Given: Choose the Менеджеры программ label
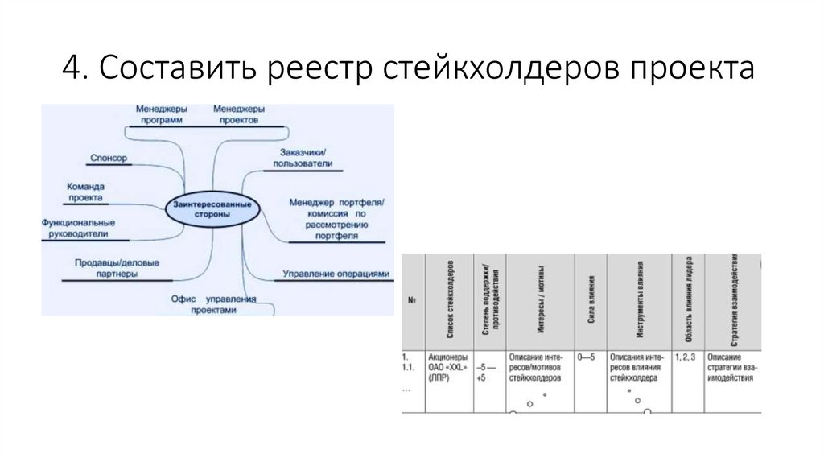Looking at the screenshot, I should [161, 113].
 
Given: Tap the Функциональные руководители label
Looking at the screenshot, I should [79, 227].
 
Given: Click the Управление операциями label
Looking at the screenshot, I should [336, 274].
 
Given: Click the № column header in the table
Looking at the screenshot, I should [411, 301].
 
